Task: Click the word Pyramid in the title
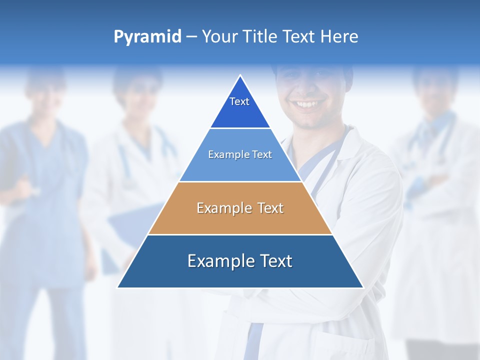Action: pyautogui.click(x=147, y=37)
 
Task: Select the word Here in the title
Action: pyautogui.click(x=339, y=37)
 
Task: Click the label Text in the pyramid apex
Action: pyautogui.click(x=239, y=101)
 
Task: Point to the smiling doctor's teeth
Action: pyautogui.click(x=307, y=104)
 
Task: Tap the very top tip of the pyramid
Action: pyautogui.click(x=240, y=76)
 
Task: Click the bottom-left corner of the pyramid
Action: pyautogui.click(x=118, y=287)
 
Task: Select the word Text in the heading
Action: pyautogui.click(x=299, y=37)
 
